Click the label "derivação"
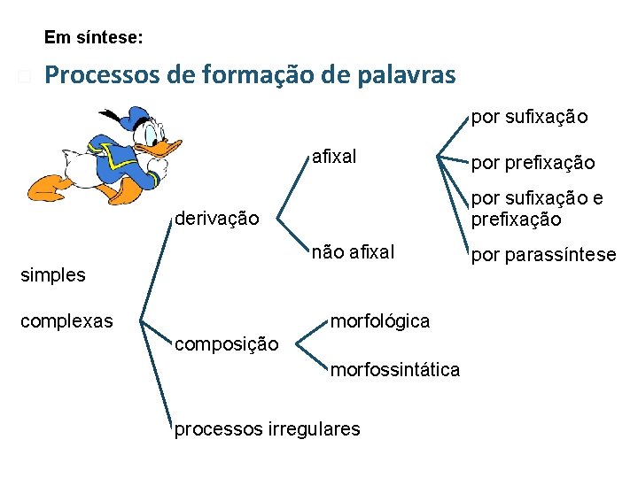(217, 217)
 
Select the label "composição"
(226, 343)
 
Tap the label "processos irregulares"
(268, 429)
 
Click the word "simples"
(53, 274)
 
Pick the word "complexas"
(66, 320)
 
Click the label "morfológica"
(379, 320)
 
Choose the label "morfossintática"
(395, 370)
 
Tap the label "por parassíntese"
(543, 255)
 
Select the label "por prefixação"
(533, 163)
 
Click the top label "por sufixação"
(529, 116)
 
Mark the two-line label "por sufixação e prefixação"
(537, 209)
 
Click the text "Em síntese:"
(93, 38)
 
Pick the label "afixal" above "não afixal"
(334, 158)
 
